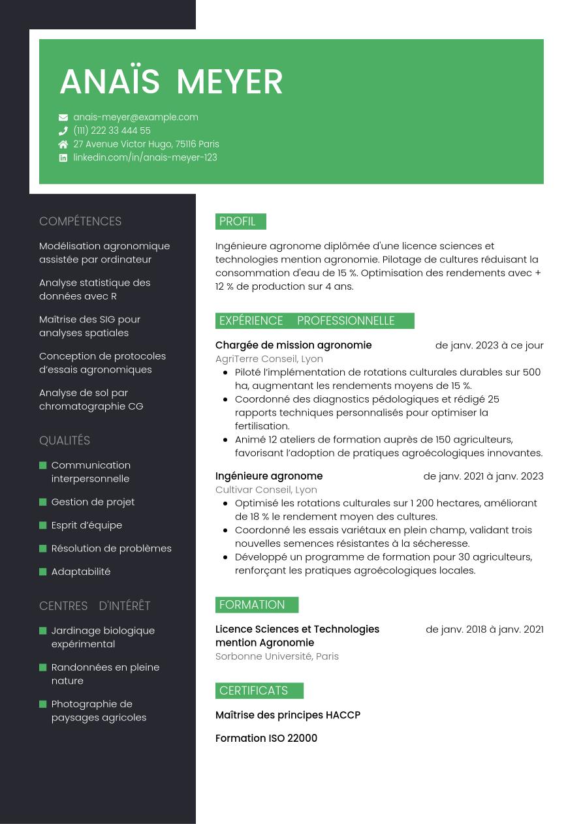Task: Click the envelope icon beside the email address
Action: [x=63, y=117]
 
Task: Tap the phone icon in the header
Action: [x=63, y=130]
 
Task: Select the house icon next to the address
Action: [x=63, y=144]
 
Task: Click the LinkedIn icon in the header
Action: [x=63, y=158]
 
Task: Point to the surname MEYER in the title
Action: [x=229, y=82]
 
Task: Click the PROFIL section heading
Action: [x=238, y=222]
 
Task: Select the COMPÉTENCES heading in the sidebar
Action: [x=80, y=221]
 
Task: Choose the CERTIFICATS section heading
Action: [x=253, y=691]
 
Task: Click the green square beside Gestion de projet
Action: [x=43, y=502]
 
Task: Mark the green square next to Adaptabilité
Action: [x=43, y=572]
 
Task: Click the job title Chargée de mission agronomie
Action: [x=293, y=345]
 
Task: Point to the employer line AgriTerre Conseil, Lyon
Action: [x=269, y=359]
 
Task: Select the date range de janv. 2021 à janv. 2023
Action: [x=483, y=476]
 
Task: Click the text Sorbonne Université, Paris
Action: [x=277, y=656]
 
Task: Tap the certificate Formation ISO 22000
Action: [x=266, y=739]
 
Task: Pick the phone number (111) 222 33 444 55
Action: [x=112, y=130]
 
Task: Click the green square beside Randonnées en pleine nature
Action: [x=43, y=667]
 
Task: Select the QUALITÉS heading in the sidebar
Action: [x=65, y=440]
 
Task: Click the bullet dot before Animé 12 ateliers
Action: [x=225, y=440]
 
